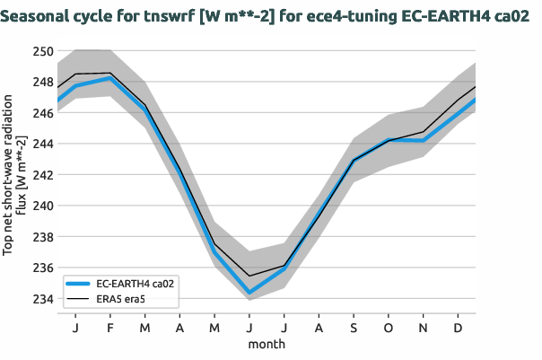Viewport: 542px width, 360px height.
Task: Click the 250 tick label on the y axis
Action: (x=42, y=51)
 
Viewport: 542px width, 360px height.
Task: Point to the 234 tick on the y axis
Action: (x=42, y=299)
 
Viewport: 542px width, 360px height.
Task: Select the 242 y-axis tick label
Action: (x=42, y=175)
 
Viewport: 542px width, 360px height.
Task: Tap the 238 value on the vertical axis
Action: (x=42, y=237)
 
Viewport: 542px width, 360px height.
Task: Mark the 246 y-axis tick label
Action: (x=42, y=113)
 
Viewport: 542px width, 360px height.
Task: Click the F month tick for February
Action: (x=110, y=328)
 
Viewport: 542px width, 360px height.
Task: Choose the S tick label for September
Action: (x=354, y=328)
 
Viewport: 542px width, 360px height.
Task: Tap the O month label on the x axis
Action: (x=389, y=328)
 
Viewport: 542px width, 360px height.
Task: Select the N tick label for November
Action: (x=424, y=328)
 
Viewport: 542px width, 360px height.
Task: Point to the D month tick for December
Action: (x=459, y=328)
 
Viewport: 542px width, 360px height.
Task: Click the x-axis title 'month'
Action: (x=267, y=343)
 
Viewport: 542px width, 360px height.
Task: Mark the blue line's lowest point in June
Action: (x=249, y=293)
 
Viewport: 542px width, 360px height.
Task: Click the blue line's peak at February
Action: (x=110, y=78)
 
